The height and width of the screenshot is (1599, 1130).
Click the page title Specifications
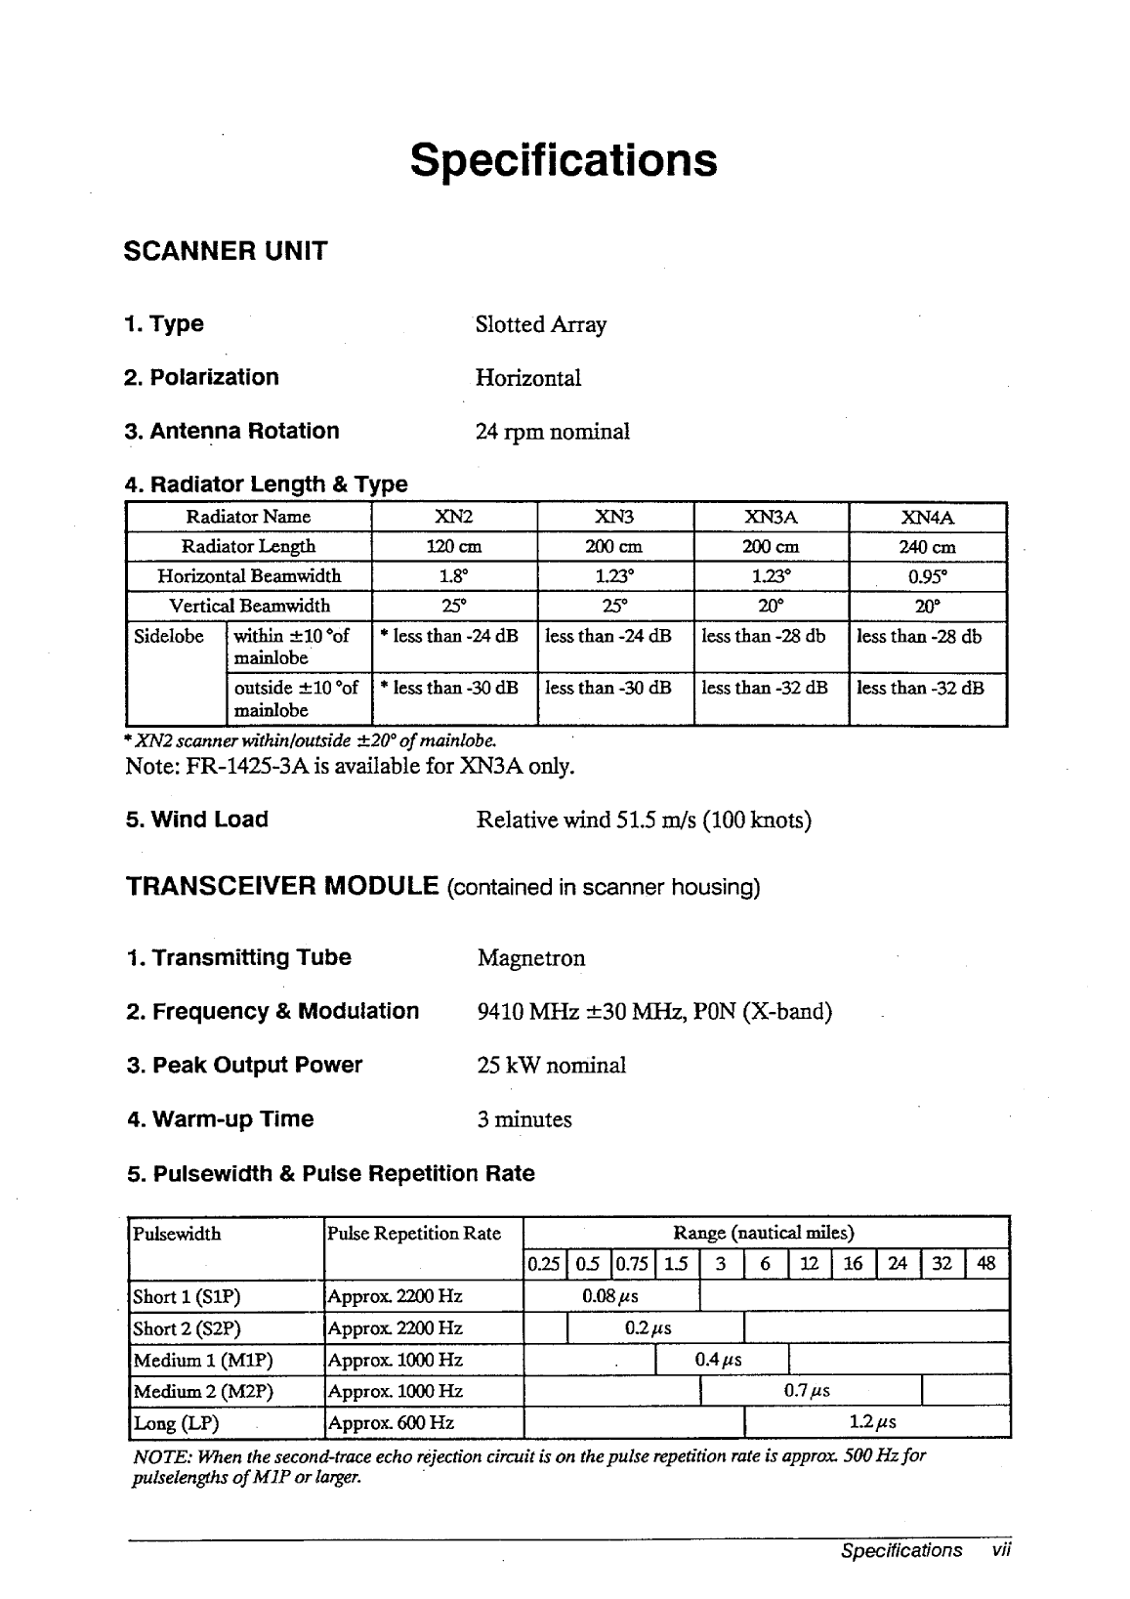(564, 160)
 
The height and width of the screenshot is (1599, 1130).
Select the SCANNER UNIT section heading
(226, 251)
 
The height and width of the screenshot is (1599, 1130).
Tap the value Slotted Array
(540, 324)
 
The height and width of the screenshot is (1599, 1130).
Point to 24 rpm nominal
(552, 431)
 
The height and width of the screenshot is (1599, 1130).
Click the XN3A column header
(771, 517)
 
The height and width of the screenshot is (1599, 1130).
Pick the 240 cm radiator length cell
(927, 547)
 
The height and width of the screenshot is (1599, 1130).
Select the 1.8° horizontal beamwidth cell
(454, 576)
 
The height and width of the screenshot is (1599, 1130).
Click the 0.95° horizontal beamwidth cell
(927, 576)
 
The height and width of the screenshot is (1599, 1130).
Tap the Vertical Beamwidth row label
(249, 606)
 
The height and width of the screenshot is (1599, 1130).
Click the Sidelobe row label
(169, 637)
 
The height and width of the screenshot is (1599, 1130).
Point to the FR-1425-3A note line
(350, 765)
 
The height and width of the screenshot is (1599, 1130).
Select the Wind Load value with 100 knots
(644, 820)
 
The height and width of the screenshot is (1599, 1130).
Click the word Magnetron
(531, 958)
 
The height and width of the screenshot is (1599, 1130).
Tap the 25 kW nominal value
(551, 1066)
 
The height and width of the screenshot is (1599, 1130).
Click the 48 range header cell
(986, 1264)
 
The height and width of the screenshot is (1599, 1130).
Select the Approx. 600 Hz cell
(392, 1423)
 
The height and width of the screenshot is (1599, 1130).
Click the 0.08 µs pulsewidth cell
(610, 1297)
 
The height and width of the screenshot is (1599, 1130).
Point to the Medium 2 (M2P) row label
(203, 1391)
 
